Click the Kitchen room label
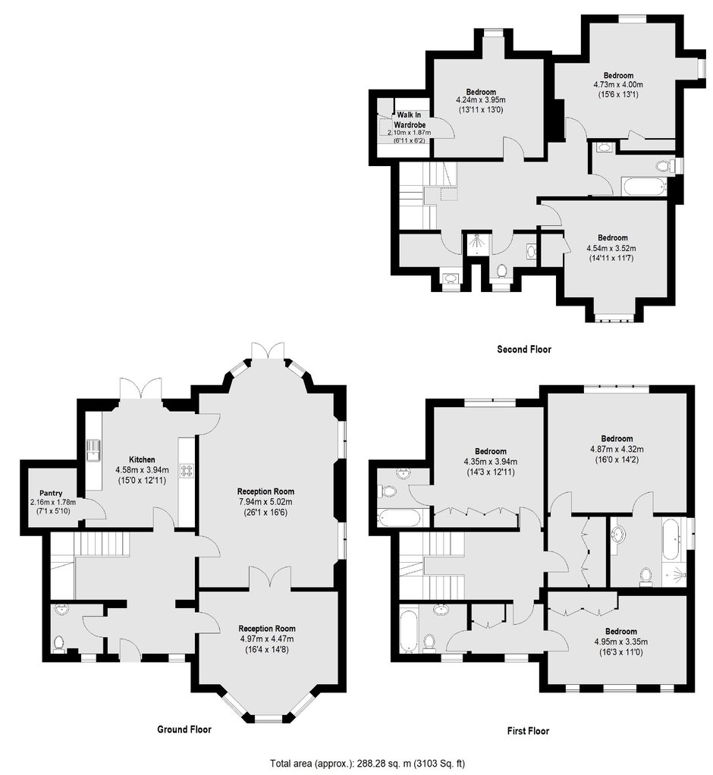coord(142,460)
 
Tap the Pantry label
coord(51,493)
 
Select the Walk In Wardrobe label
coord(410,120)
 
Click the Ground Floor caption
coord(184,729)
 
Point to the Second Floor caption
coord(523,350)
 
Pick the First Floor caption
coord(528,731)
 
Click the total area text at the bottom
coord(367,763)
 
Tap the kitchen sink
coord(93,450)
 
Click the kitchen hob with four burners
coord(187,470)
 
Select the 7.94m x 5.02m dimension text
coord(265,502)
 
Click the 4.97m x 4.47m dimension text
coord(267,639)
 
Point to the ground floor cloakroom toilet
coord(59,644)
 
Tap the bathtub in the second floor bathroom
coord(644,187)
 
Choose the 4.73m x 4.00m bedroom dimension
coord(618,84)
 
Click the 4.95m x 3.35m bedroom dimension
coord(621,642)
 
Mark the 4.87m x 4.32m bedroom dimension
coord(617,449)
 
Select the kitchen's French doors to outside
coord(141,389)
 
